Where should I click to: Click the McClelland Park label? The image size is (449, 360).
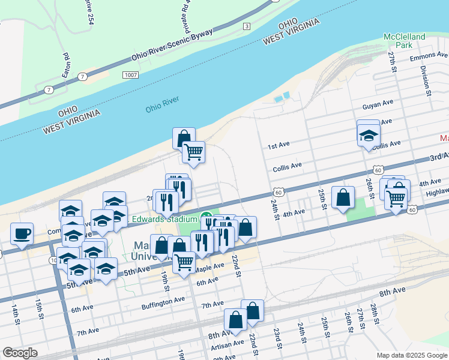tap(405, 41)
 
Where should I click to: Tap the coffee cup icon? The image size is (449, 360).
tap(22, 234)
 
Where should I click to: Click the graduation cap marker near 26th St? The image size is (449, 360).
tap(368, 136)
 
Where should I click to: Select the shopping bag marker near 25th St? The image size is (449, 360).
tap(342, 198)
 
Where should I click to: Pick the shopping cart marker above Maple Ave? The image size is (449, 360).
tap(184, 262)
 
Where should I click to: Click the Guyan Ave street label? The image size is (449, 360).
tap(377, 106)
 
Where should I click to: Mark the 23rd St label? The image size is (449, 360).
tap(277, 338)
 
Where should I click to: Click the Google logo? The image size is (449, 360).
tap(20, 353)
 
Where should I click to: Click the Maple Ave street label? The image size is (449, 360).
tap(209, 266)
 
